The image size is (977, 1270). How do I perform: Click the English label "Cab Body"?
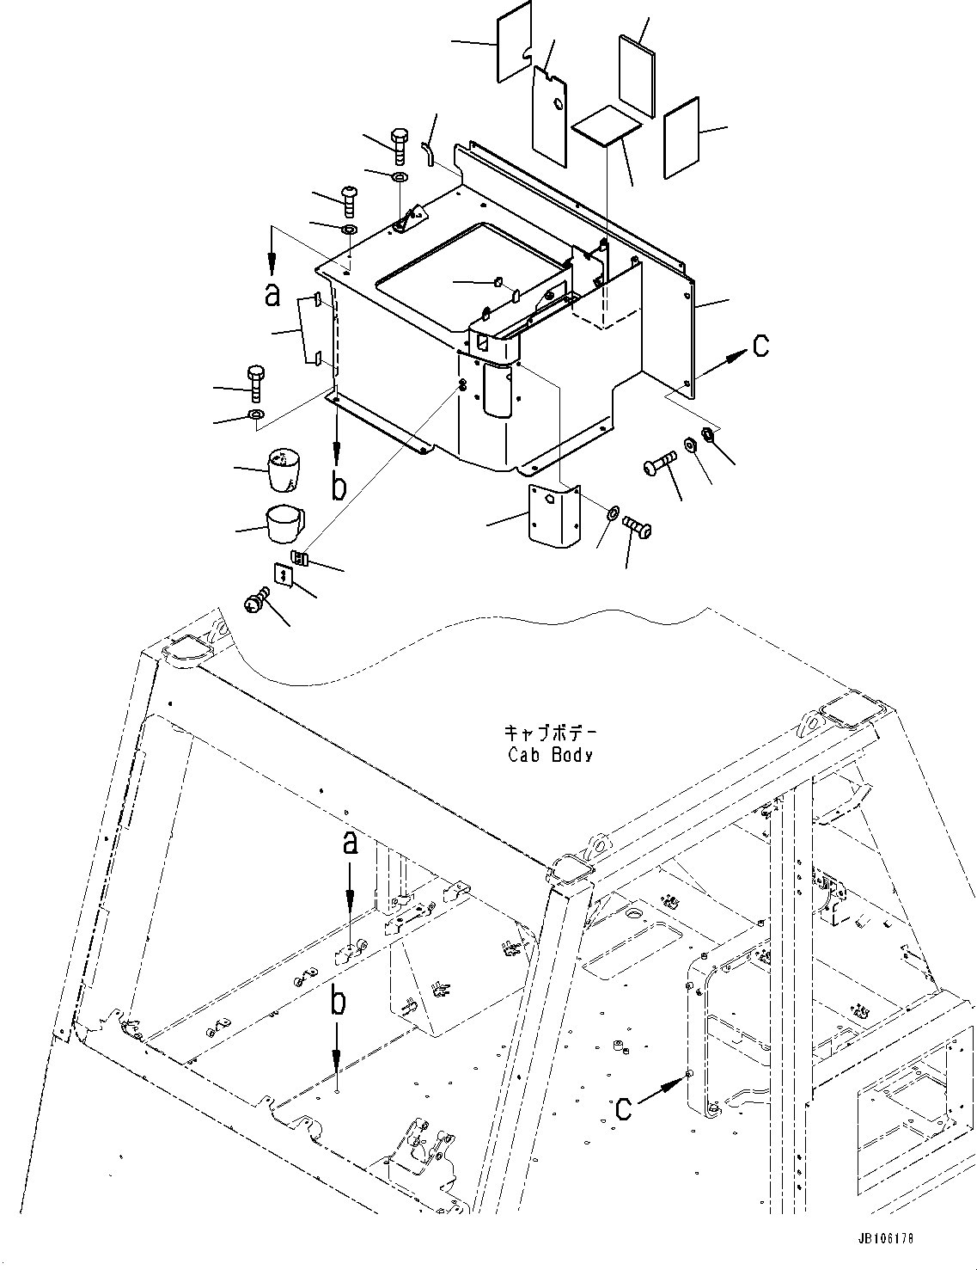coord(550,755)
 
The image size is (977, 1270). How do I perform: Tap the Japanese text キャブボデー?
coord(550,735)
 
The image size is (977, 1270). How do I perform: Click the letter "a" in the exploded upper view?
coord(272,295)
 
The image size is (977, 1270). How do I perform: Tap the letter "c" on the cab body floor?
coord(623,1108)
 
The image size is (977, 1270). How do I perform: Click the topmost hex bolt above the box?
coord(400,145)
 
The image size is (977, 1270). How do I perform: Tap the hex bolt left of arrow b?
coord(256,382)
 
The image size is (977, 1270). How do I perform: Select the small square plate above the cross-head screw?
coord(282,574)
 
